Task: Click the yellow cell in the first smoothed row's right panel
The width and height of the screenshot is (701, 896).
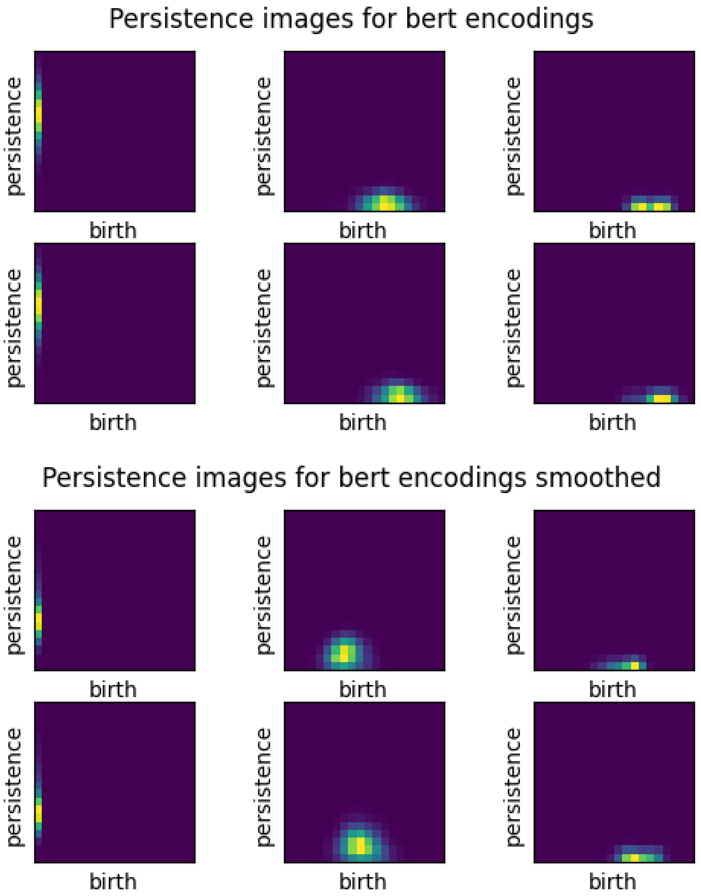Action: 635,666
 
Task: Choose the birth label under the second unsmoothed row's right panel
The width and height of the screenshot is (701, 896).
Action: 612,423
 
